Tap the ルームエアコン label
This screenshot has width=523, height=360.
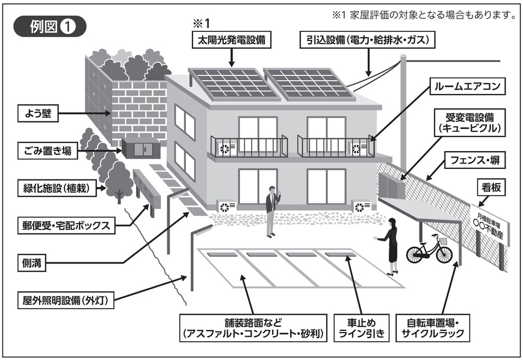467,88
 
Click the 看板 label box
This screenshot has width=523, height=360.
487,187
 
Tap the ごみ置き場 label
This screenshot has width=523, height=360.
52,152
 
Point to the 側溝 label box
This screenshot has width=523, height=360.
33,262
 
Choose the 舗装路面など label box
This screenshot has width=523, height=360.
251,327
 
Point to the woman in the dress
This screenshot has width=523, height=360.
391,246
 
